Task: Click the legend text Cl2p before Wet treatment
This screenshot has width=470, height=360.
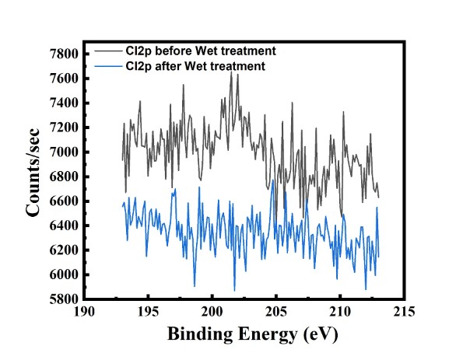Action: (201, 51)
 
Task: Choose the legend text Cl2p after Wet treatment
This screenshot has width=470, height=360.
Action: (195, 66)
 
